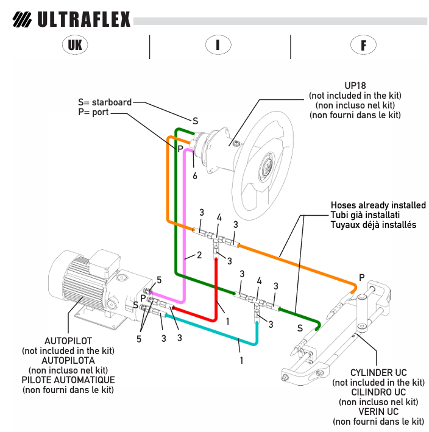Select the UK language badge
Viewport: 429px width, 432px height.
[75, 44]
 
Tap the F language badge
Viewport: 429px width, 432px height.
[363, 44]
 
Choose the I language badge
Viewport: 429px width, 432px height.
[218, 44]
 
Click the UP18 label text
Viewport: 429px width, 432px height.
[355, 87]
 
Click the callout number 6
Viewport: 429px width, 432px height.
[195, 176]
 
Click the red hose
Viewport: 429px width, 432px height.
[216, 286]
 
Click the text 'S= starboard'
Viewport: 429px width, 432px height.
[105, 102]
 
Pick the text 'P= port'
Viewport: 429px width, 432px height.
[93, 113]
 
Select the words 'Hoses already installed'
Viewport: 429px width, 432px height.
[378, 205]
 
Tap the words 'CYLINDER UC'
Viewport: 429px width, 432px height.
[378, 373]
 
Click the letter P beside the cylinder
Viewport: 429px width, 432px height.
[362, 277]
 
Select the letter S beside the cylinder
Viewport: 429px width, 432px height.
[300, 328]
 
